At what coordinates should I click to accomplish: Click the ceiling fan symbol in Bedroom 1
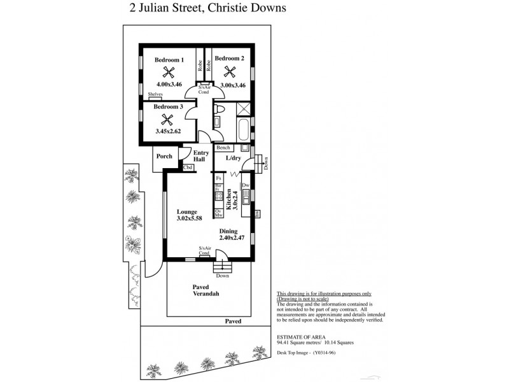169,72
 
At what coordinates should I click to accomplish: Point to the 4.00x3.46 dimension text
169,84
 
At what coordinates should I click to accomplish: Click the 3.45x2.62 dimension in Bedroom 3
168,131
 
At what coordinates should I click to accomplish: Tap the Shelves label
155,94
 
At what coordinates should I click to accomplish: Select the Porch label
165,156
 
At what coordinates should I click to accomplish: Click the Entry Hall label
201,157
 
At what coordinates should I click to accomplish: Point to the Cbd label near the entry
188,167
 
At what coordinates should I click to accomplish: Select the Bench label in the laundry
223,148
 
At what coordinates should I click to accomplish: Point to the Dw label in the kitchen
245,185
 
